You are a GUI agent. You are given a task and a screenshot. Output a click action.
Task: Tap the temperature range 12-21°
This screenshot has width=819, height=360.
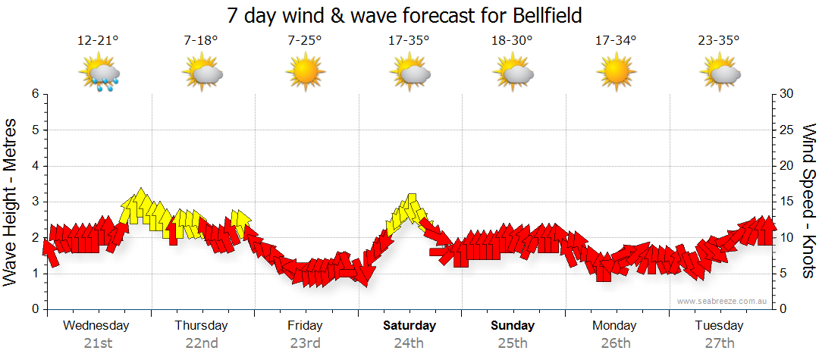pyautogui.click(x=98, y=41)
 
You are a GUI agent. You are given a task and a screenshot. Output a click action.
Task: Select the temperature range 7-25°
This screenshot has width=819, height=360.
pyautogui.click(x=305, y=41)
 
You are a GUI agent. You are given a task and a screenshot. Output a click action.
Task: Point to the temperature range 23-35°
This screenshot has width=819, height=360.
pyautogui.click(x=720, y=41)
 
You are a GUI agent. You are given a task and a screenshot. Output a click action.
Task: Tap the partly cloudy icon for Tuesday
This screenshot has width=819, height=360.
pyautogui.click(x=720, y=74)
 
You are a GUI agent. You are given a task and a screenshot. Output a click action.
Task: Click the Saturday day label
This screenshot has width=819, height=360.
pyautogui.click(x=409, y=326)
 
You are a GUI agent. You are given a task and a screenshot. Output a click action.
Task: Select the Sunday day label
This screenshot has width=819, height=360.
pyautogui.click(x=513, y=326)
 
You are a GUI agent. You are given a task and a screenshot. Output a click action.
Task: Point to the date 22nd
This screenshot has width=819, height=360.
pyautogui.click(x=202, y=343)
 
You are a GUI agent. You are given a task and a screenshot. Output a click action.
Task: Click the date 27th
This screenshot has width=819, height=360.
pyautogui.click(x=720, y=343)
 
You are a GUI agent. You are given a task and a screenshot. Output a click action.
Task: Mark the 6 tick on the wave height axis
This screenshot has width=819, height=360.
pyautogui.click(x=35, y=94)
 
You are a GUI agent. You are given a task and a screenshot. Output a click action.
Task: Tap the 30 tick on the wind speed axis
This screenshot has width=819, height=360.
pyautogui.click(x=787, y=94)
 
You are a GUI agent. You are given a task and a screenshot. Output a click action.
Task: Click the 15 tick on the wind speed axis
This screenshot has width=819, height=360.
pyautogui.click(x=787, y=202)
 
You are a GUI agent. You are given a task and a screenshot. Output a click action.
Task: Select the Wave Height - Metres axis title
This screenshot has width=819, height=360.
pyautogui.click(x=12, y=202)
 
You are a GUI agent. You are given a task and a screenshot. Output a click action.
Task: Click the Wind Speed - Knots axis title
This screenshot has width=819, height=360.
pyautogui.click(x=808, y=202)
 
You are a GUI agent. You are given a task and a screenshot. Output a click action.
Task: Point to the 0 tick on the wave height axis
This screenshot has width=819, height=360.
pyautogui.click(x=35, y=309)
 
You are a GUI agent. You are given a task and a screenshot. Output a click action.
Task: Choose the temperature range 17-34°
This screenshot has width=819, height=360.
pyautogui.click(x=615, y=41)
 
